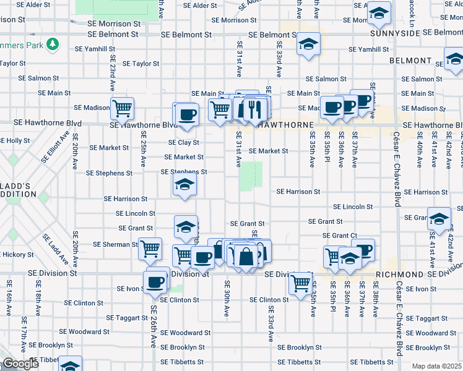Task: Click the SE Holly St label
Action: tap(15, 141)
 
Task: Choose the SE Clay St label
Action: tap(183, 142)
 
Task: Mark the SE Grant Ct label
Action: tap(340, 236)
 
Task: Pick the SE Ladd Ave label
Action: tap(51, 247)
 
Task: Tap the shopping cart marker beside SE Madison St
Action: tap(122, 108)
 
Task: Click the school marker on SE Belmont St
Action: tap(308, 44)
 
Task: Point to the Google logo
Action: tap(20, 364)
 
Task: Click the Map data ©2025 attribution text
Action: tap(436, 366)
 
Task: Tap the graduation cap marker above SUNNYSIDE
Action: tap(378, 13)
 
